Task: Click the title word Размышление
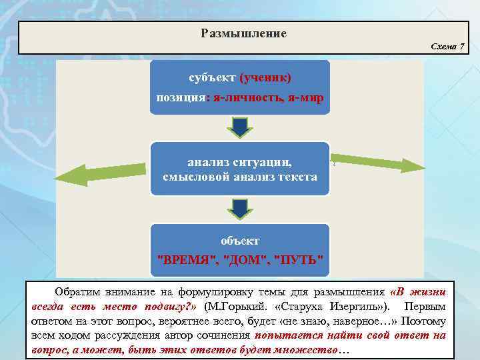[x=243, y=33]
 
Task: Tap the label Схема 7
[x=447, y=46]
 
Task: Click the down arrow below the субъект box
[x=239, y=127]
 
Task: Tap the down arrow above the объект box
[x=239, y=209]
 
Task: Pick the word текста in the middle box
[x=294, y=177]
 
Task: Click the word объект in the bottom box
[x=240, y=240]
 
